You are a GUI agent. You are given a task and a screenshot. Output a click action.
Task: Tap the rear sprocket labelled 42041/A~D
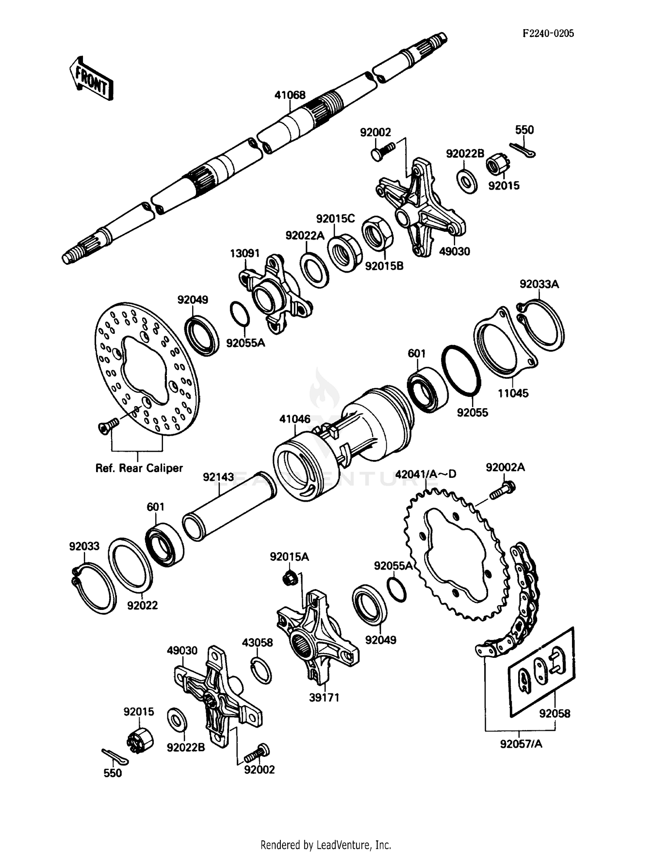(x=456, y=554)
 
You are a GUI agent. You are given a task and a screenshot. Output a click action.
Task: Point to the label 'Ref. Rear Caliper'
(x=139, y=468)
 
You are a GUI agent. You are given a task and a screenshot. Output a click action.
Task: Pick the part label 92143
(x=218, y=477)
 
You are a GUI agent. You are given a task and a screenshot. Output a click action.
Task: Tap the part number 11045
(x=513, y=393)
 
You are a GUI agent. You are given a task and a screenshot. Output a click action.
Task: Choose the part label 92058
(x=555, y=713)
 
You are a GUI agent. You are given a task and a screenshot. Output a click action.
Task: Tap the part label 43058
(x=257, y=643)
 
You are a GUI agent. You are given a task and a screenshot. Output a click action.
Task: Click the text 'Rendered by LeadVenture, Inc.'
(x=326, y=845)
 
